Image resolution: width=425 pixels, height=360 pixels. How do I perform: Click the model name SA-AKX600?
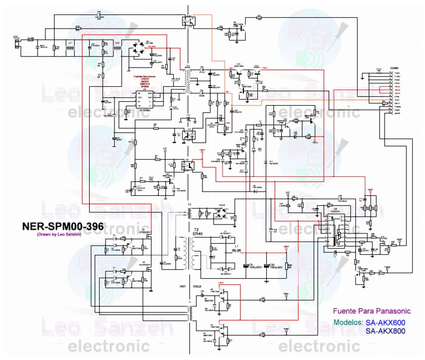click(386, 322)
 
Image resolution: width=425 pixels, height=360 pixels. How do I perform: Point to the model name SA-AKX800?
click(386, 331)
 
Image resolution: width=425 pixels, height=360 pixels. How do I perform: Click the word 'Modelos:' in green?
click(348, 322)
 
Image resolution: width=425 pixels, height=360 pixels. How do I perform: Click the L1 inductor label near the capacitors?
click(237, 245)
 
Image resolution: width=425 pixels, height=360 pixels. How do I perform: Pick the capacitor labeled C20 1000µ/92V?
click(268, 265)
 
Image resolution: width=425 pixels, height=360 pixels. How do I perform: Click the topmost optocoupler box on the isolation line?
click(188, 22)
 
